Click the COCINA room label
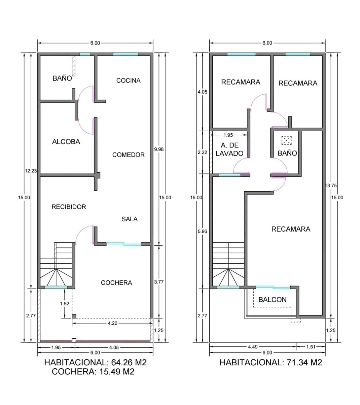tap(128, 80)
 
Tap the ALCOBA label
tap(66, 142)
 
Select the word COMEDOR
tap(128, 155)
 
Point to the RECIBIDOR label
tap(69, 207)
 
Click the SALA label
tap(130, 219)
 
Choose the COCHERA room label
tap(116, 283)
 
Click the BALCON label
tap(273, 299)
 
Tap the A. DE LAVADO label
tap(229, 149)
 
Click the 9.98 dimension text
tap(159, 149)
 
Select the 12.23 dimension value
tap(31, 171)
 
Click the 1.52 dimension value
tap(65, 304)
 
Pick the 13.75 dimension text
tap(331, 185)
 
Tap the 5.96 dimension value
tap(203, 231)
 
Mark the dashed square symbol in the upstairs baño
tap(286, 140)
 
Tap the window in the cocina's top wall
tap(125, 54)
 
